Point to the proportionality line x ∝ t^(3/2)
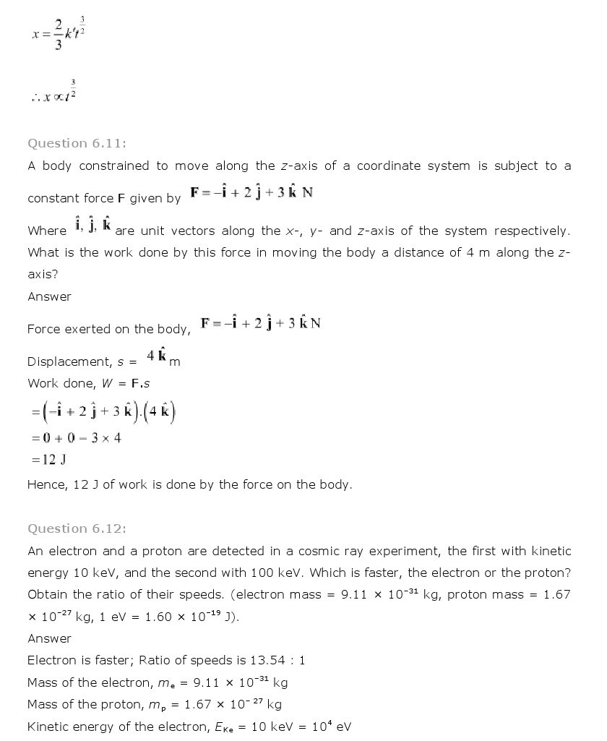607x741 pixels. (x=54, y=94)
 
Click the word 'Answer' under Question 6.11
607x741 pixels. (x=49, y=296)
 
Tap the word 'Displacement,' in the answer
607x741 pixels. (x=69, y=361)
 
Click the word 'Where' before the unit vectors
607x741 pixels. (x=47, y=231)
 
